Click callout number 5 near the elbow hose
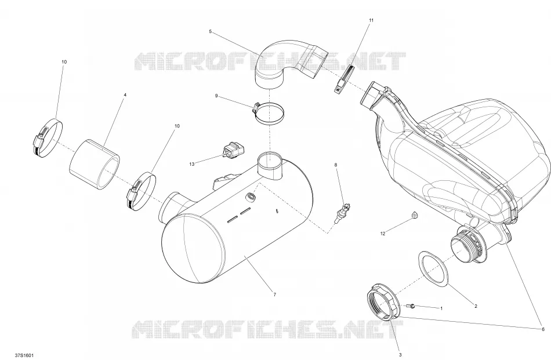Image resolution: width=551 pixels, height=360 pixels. pos(210,32)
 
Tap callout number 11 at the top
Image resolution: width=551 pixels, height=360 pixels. pos(371,20)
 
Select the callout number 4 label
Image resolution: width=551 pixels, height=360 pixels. pos(125,95)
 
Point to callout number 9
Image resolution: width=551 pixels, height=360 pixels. pos(216,96)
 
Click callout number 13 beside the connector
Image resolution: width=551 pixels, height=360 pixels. pos(191,164)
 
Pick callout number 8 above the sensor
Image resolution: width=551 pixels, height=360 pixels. pos(336,165)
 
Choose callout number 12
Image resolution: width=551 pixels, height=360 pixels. pos(383,233)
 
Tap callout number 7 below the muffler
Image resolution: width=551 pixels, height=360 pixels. pos(274,294)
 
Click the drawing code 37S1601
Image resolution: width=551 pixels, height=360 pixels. pos(24,355)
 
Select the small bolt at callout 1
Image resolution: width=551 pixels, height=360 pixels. pos(411,306)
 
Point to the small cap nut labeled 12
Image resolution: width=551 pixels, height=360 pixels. pos(415,215)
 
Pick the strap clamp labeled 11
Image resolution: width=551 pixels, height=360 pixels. pos(344,79)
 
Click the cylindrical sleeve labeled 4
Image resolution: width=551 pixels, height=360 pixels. pos(95,165)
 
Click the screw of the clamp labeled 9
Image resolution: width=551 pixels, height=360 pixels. pos(256,106)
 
